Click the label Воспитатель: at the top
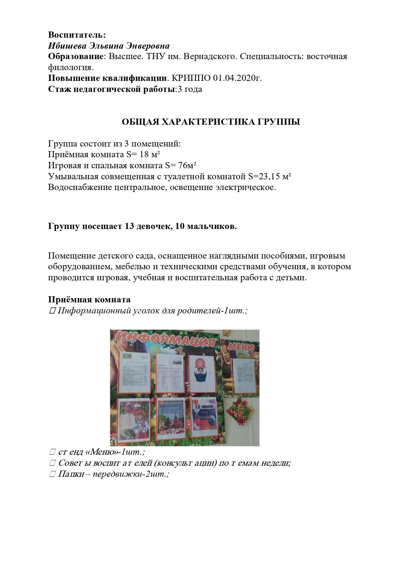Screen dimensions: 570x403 point(77,35)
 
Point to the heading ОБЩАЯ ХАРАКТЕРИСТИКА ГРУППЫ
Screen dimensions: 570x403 point(211,122)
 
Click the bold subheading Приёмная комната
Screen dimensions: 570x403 point(89,299)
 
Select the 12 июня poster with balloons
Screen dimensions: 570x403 point(203,415)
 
